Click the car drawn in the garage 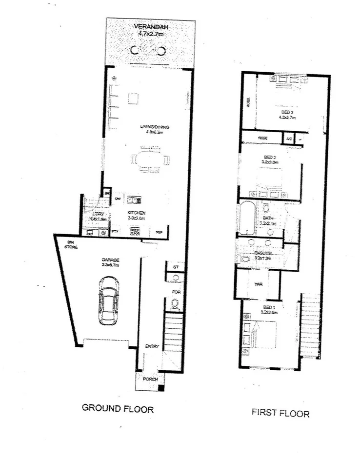[x=107, y=301]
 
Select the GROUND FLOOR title [x=117, y=409]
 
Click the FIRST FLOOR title [x=280, y=413]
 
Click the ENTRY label [x=152, y=346]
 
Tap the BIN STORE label [x=71, y=244]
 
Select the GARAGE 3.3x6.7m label [x=110, y=262]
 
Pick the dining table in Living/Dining [x=149, y=160]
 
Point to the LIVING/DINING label [x=154, y=129]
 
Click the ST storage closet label [x=176, y=267]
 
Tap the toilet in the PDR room [x=174, y=304]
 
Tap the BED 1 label [x=269, y=309]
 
